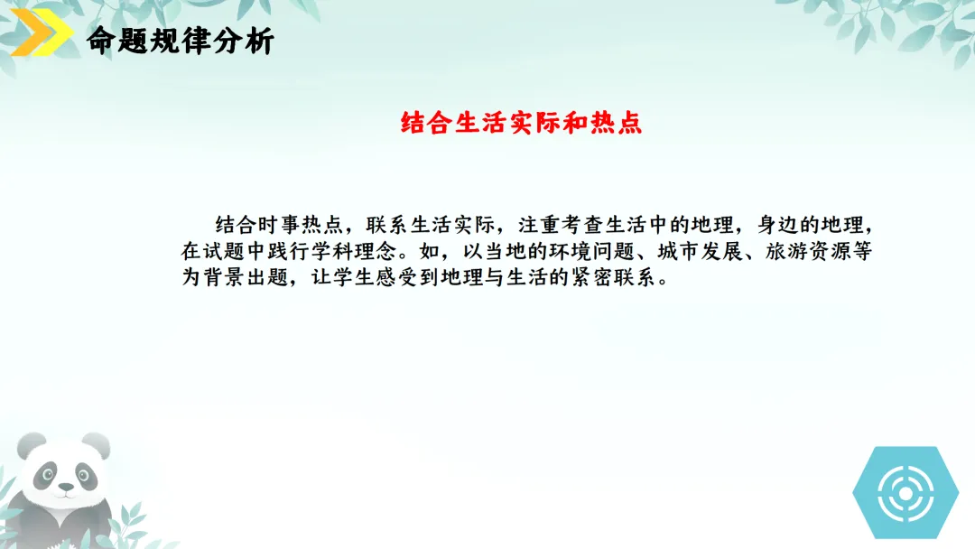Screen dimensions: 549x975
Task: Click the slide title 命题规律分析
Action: click(x=180, y=41)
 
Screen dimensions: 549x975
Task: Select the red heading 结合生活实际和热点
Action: click(x=521, y=124)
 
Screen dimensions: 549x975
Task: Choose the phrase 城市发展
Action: click(x=710, y=251)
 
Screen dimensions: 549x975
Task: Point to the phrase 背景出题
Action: click(x=243, y=278)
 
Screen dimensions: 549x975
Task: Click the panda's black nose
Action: click(x=65, y=489)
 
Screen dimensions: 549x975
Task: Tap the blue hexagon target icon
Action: click(x=905, y=492)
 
